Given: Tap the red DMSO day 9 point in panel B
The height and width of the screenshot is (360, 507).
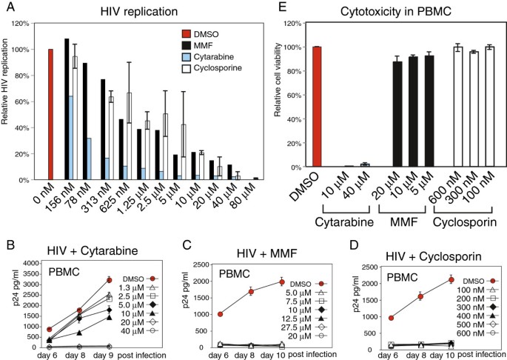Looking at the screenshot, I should click(109, 280).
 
